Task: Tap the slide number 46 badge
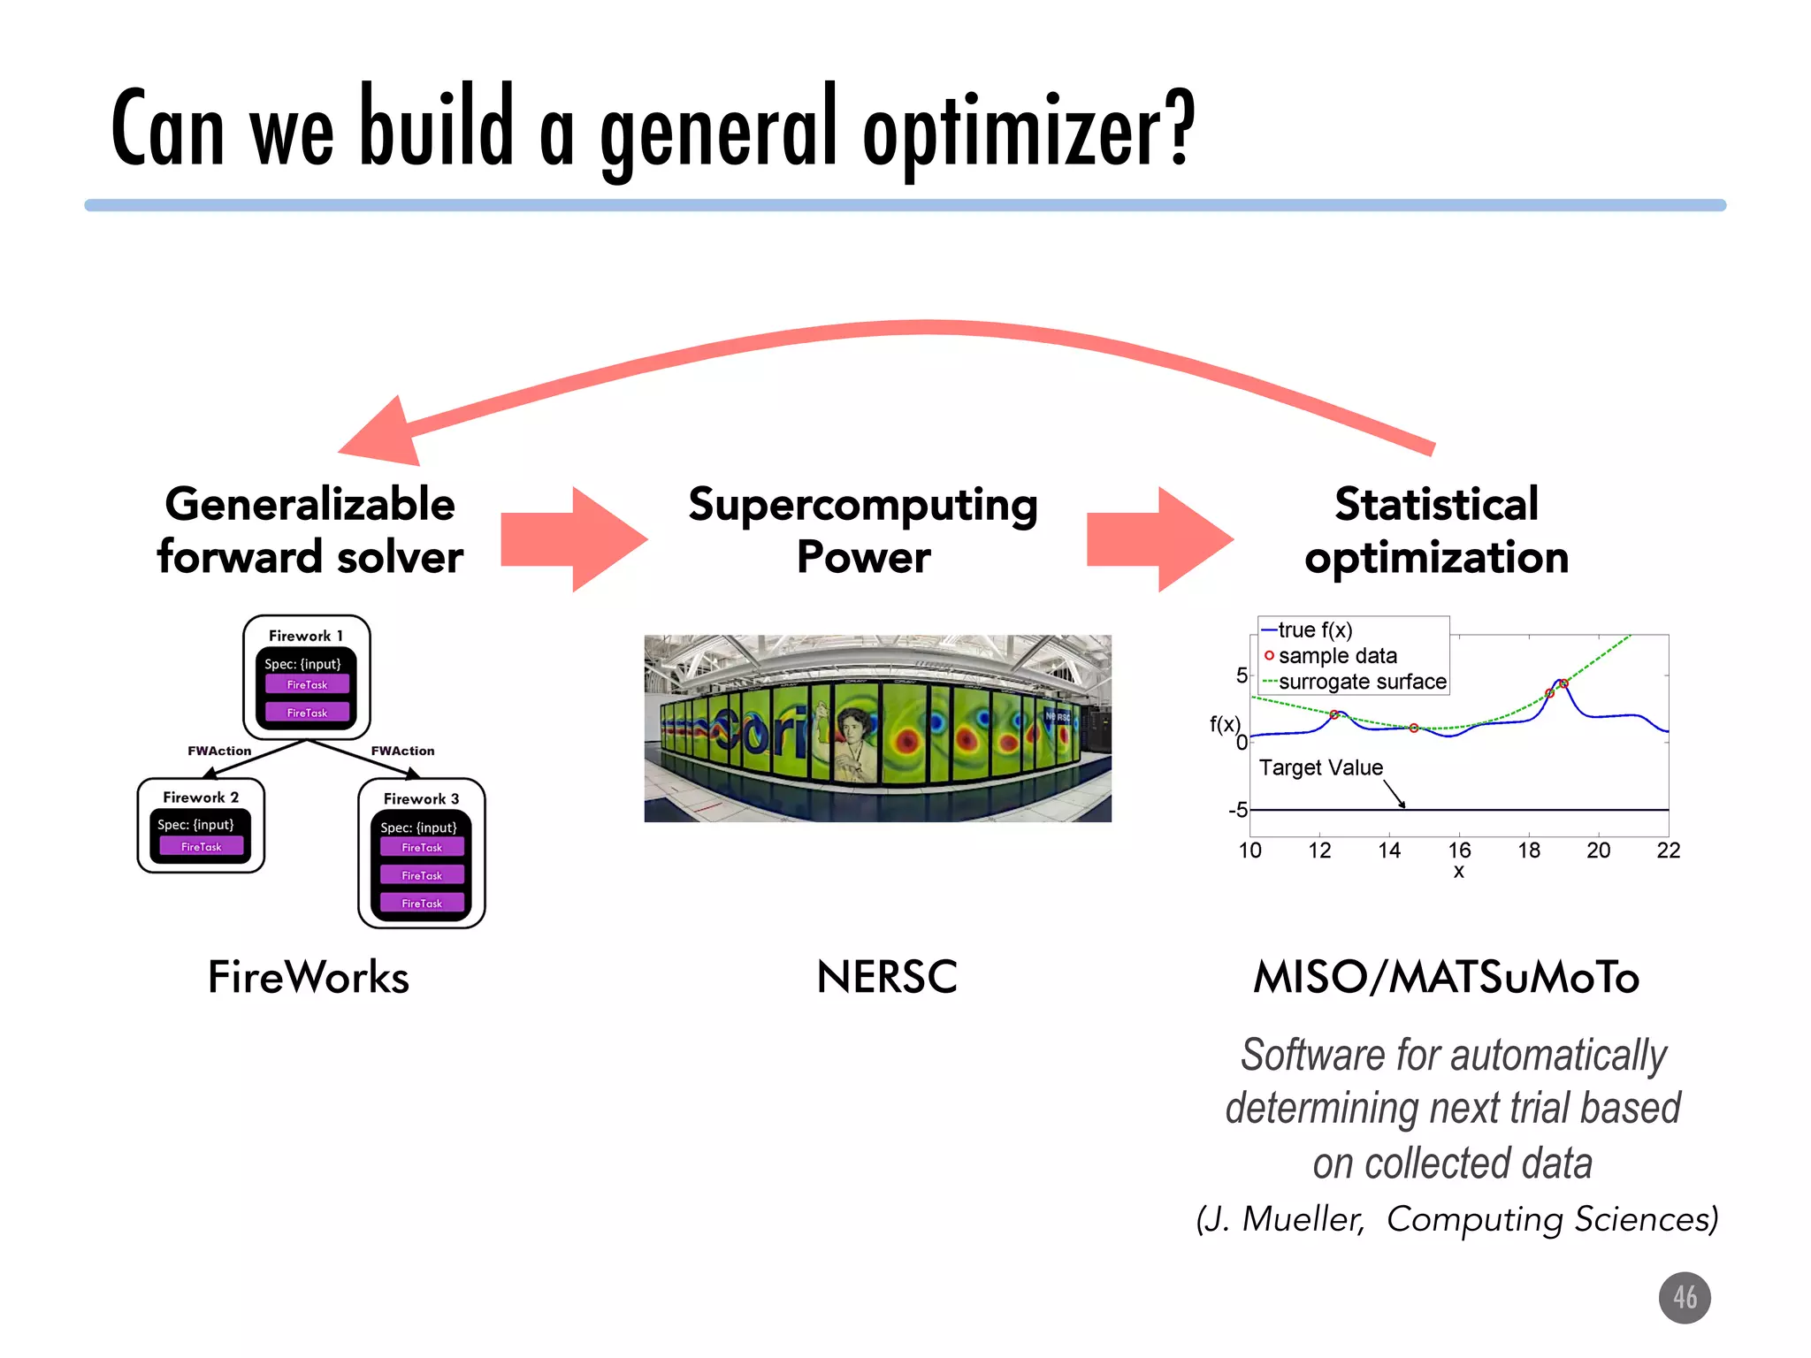click(x=1684, y=1297)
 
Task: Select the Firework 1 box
click(x=306, y=676)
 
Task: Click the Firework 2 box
click(x=201, y=825)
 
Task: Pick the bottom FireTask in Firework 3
click(x=422, y=903)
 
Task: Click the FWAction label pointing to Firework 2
click(x=218, y=751)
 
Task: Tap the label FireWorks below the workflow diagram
click(x=308, y=977)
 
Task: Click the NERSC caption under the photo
click(x=886, y=977)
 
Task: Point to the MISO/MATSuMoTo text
click(x=1446, y=977)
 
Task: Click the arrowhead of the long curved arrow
click(x=380, y=433)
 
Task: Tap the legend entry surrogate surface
click(x=1362, y=682)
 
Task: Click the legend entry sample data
click(x=1337, y=656)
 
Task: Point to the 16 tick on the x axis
click(x=1459, y=851)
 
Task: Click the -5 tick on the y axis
click(x=1237, y=810)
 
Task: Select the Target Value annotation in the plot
click(x=1320, y=767)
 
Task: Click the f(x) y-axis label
click(x=1225, y=724)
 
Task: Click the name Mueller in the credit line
click(x=1302, y=1219)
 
